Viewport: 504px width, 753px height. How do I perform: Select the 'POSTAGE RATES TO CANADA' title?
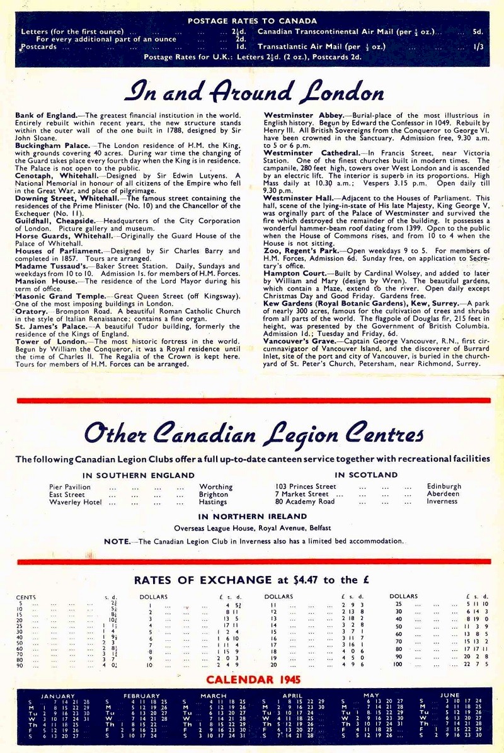[x=252, y=21]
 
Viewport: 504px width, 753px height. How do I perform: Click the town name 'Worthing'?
[x=216, y=486]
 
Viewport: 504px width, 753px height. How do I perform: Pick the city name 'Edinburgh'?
[x=444, y=486]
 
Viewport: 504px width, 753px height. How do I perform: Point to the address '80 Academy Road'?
[x=305, y=502]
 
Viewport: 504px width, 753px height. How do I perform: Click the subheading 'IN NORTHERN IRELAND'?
[x=252, y=517]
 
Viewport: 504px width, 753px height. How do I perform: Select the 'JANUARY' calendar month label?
[x=58, y=696]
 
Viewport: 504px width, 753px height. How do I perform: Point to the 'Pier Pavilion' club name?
[x=70, y=486]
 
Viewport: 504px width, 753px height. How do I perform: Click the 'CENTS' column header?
[x=26, y=597]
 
